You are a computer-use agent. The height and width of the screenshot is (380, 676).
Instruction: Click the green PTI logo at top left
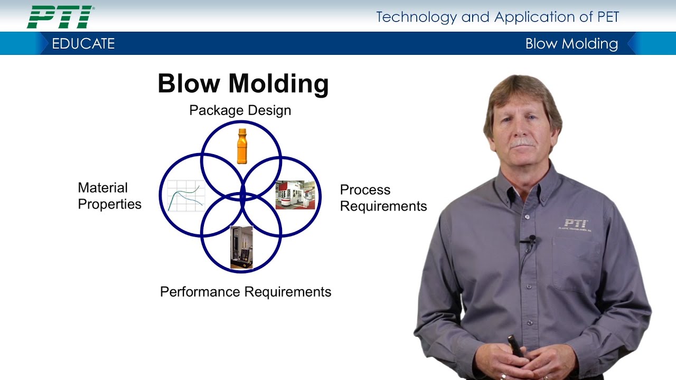60,17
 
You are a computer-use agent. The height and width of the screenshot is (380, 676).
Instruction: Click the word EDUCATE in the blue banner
83,44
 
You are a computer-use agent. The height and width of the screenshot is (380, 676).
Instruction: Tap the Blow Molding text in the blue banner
571,44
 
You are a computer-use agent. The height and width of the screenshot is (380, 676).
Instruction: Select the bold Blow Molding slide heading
243,84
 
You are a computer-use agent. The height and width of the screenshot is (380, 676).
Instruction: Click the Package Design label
240,110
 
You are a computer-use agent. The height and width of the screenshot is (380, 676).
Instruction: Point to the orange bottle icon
242,146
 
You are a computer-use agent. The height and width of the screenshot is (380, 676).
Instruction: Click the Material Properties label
109,196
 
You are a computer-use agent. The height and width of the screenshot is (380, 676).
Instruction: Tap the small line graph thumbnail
185,196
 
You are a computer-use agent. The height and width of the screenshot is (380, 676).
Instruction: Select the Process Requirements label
383,198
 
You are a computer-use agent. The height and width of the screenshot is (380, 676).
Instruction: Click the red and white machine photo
295,195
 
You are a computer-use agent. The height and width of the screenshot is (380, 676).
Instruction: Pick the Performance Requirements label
246,292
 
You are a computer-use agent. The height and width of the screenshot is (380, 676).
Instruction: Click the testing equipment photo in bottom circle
241,247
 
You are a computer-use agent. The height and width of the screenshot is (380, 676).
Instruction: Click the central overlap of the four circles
242,196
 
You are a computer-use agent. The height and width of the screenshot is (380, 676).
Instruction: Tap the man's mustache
522,143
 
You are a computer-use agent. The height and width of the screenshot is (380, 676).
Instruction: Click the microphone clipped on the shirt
531,240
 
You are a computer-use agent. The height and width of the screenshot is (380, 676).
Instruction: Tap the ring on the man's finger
503,376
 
